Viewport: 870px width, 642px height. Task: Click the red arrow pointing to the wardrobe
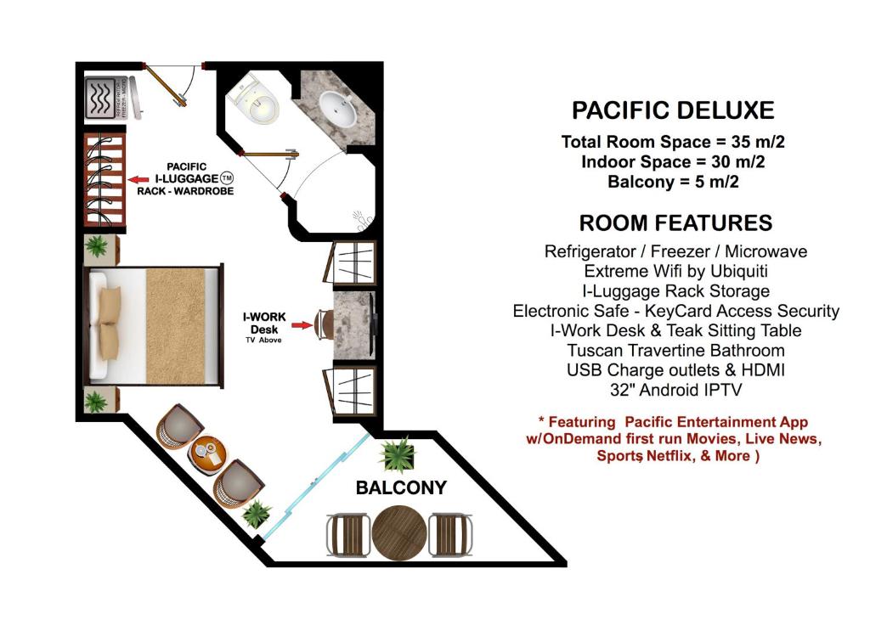point(137,179)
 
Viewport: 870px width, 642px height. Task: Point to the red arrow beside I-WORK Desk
point(300,323)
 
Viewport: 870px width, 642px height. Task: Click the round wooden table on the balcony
point(398,533)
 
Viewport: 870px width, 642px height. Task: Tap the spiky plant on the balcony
point(397,454)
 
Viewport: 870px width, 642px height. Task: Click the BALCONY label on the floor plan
point(401,488)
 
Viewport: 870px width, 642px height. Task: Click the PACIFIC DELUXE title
point(673,110)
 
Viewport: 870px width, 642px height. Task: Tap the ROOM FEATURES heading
point(675,223)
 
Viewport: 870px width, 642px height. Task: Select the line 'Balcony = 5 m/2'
point(675,182)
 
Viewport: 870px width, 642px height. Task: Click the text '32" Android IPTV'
point(675,391)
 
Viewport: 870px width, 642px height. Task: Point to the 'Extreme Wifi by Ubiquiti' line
point(675,272)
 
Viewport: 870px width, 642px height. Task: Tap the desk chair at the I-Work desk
point(323,323)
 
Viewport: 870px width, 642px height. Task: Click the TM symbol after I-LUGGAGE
point(227,178)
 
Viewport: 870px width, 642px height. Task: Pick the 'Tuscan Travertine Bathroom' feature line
point(675,351)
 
